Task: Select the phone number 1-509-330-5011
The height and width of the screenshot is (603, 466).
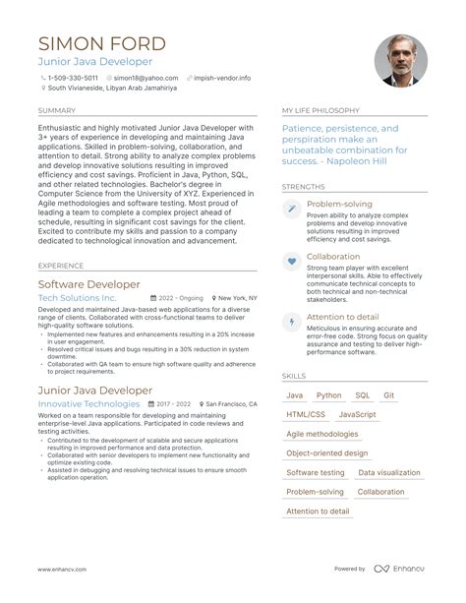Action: click(73, 78)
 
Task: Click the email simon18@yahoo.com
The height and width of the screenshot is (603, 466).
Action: click(137, 78)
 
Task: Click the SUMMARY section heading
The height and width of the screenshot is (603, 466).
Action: click(56, 111)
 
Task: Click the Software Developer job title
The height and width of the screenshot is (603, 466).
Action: click(88, 284)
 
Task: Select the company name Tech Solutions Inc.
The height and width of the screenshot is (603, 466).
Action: click(77, 297)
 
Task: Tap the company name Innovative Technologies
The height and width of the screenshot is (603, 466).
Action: click(88, 403)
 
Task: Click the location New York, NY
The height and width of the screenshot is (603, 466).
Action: click(237, 297)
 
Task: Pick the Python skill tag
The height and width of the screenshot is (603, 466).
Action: click(329, 395)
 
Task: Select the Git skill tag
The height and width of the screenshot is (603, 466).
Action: click(389, 395)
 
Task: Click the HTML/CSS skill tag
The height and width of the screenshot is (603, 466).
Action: click(305, 415)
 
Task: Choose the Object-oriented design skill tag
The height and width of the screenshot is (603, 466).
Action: click(326, 453)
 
